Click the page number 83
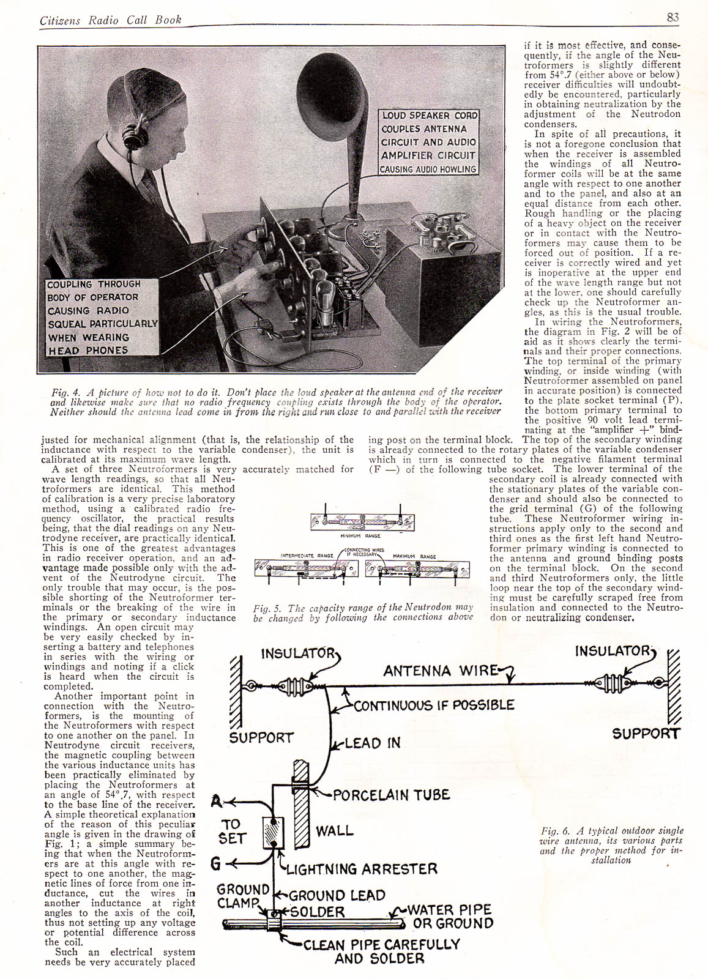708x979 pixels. [x=673, y=17]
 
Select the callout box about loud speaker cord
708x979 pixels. [x=428, y=142]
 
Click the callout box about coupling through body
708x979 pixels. [x=102, y=318]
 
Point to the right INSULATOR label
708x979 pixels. [x=613, y=651]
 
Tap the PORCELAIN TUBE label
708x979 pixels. [x=391, y=795]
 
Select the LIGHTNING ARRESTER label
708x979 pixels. [x=362, y=869]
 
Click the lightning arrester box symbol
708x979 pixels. [x=272, y=832]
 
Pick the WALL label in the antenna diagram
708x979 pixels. [x=334, y=831]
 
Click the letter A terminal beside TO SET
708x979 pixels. [x=215, y=801]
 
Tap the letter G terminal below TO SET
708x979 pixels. [x=215, y=864]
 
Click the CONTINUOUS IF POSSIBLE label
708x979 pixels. [x=434, y=705]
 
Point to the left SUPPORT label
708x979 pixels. [x=261, y=738]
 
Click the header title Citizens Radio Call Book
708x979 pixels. [x=111, y=20]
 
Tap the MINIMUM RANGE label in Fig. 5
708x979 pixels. [x=360, y=536]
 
